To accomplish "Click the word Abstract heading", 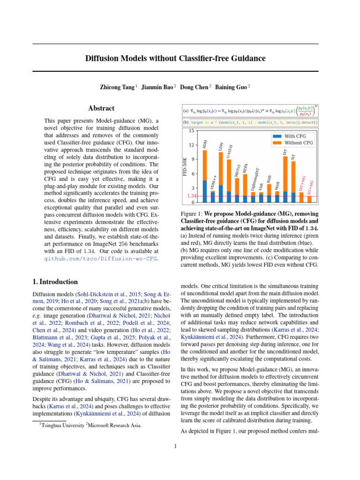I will click(x=101, y=108).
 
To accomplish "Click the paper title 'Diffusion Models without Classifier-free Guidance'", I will click(x=175, y=58).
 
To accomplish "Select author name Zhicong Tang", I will click(x=116, y=87).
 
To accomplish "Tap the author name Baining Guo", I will click(x=232, y=87).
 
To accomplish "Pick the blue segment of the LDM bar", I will click(x=221, y=194).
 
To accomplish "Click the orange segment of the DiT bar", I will click(x=285, y=173).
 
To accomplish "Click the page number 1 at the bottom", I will click(x=175, y=446).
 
